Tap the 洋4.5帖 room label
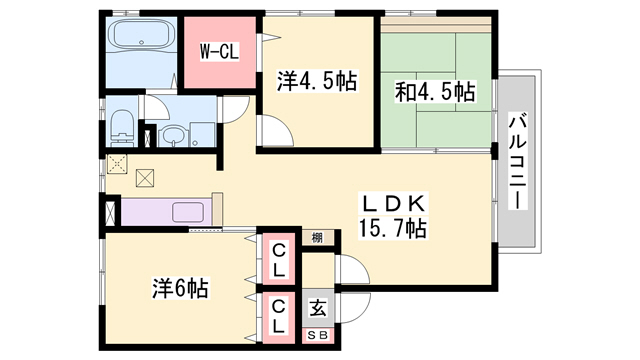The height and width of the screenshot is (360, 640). click(315, 81)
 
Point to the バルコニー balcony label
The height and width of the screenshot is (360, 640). click(518, 159)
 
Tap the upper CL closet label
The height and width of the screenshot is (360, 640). click(278, 260)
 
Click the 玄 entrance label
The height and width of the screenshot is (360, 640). click(318, 309)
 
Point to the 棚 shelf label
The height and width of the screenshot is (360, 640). click(317, 237)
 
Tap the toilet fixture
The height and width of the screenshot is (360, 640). click(121, 126)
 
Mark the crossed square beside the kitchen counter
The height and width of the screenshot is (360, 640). click(146, 180)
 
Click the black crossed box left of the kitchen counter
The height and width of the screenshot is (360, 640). click(109, 213)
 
